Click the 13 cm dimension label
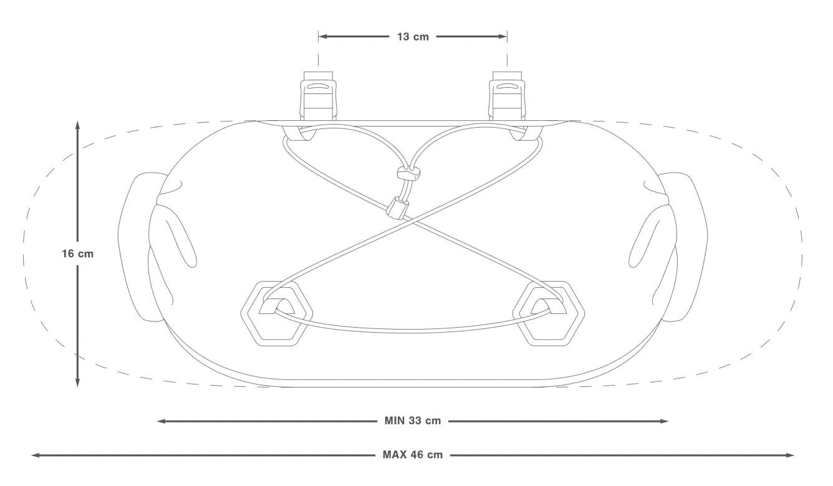[x=413, y=37]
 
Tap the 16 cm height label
[x=77, y=254]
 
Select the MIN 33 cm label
[x=412, y=421]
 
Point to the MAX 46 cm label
[x=412, y=455]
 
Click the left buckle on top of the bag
[x=319, y=95]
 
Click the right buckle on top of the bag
[x=508, y=95]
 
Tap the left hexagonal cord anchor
[x=277, y=313]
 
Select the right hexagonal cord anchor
[x=549, y=313]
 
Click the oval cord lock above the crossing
[x=408, y=173]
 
